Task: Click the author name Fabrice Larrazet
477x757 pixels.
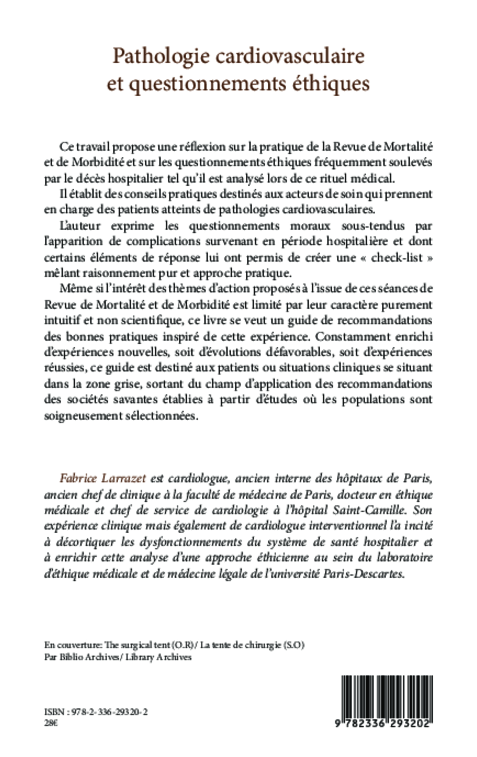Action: [x=102, y=479]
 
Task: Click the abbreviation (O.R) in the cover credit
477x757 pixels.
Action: [x=182, y=645]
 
